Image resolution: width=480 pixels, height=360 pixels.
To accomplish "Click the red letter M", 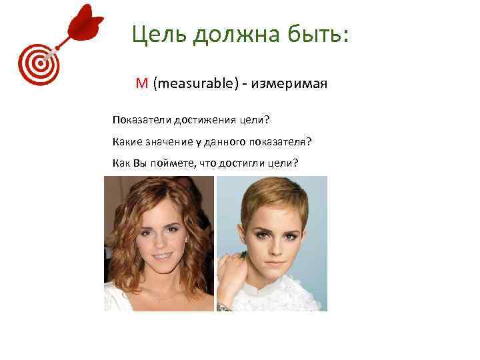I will coord(141,83).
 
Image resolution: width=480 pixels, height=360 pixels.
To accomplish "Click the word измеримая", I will coord(294,83).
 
